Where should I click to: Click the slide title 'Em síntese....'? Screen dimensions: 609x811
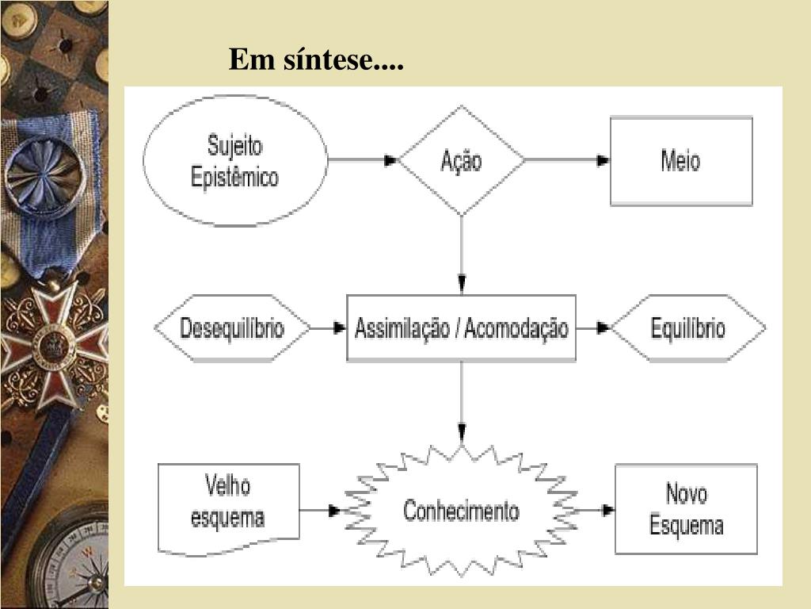point(316,59)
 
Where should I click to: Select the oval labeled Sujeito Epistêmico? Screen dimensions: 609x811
point(234,160)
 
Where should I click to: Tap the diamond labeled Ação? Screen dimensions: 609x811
point(461,160)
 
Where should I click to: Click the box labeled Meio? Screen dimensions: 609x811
point(680,161)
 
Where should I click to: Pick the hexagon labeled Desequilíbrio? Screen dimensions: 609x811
point(232,327)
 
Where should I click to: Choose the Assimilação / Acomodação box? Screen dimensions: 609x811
point(461,327)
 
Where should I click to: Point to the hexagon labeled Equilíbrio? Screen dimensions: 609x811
point(687,327)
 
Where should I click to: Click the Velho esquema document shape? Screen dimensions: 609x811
point(228,506)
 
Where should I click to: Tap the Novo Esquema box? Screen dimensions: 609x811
point(686,509)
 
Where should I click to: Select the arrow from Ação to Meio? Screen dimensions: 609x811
point(566,160)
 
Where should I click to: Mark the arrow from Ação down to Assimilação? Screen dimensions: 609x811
point(461,254)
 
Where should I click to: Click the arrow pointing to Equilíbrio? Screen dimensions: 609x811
point(594,327)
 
